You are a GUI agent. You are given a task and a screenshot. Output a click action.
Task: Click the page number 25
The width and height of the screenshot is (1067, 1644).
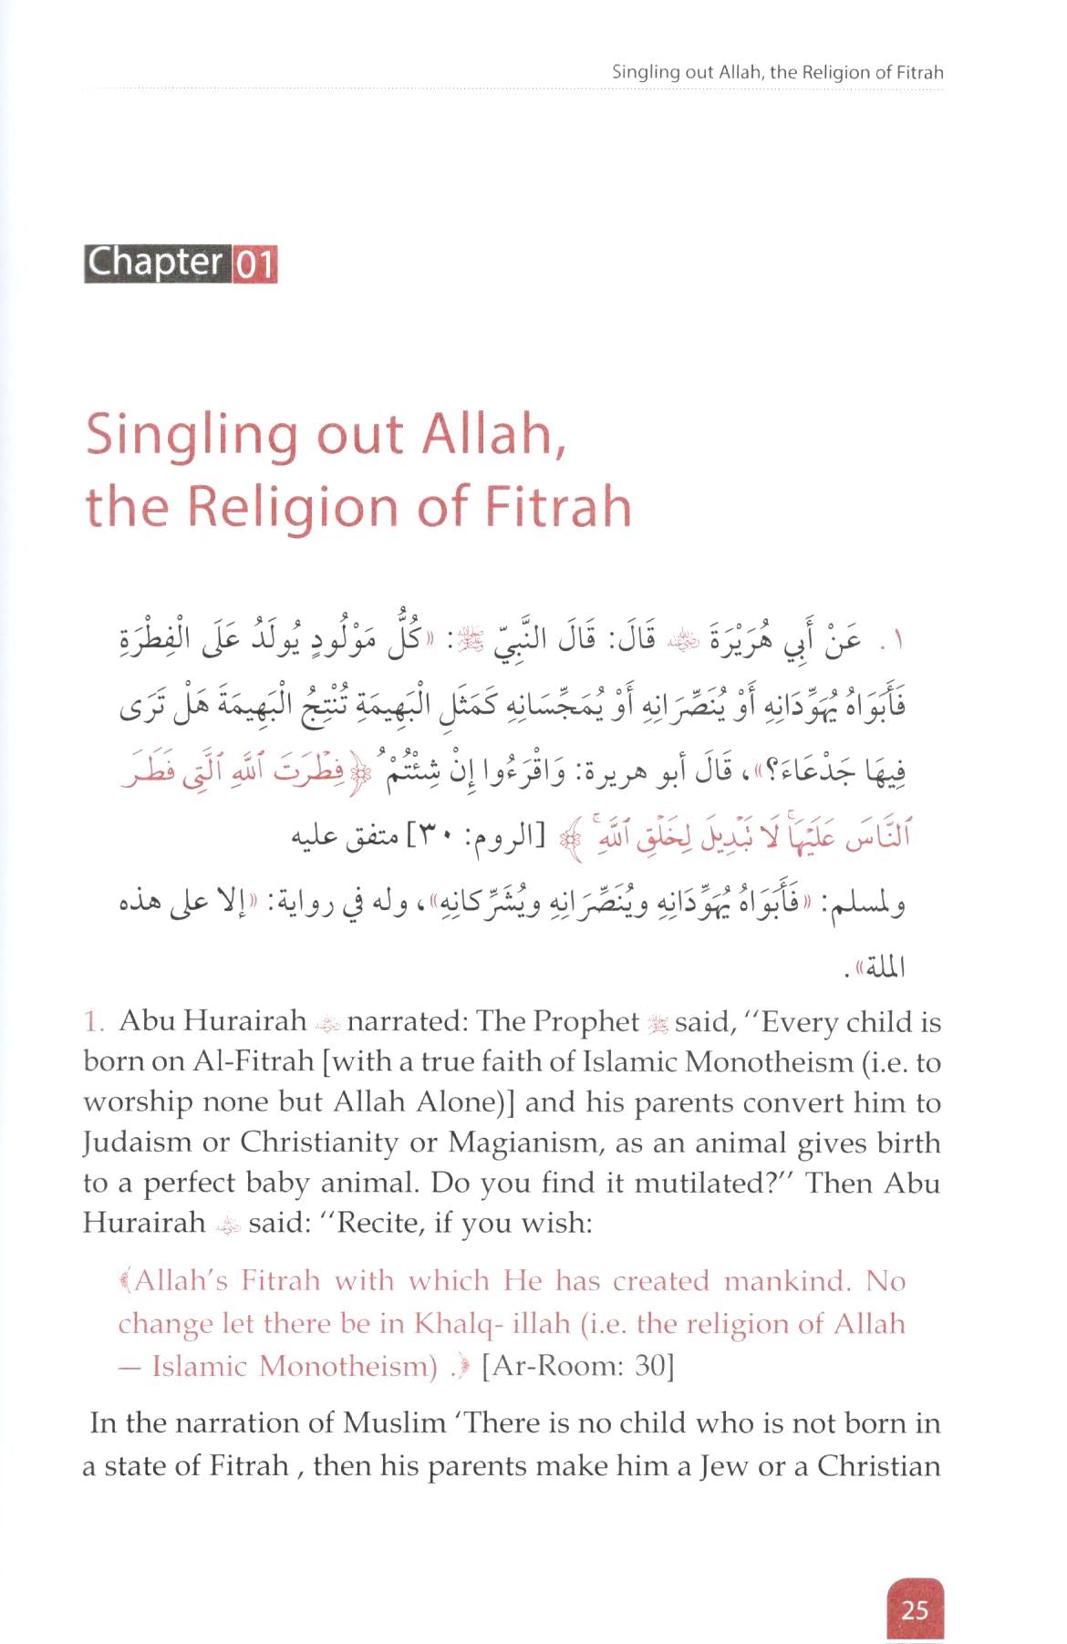(x=914, y=1609)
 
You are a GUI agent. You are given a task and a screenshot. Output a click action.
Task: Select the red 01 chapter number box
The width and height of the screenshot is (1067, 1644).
(x=255, y=264)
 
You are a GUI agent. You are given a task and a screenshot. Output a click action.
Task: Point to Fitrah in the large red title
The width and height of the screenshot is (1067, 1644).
(x=564, y=506)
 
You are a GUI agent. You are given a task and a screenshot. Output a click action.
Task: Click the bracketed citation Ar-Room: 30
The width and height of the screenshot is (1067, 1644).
(x=577, y=1366)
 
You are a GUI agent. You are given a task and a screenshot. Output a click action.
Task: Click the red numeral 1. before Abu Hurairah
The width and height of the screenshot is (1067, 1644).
(x=95, y=1021)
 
